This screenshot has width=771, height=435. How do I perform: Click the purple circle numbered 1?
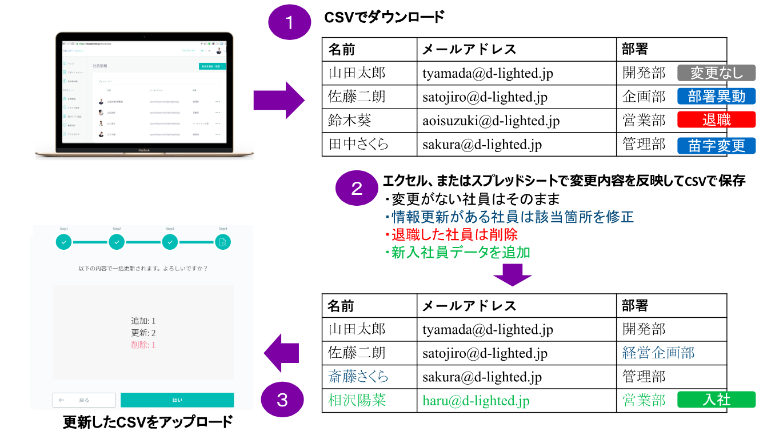[289, 23]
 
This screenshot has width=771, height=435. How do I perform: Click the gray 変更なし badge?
[716, 73]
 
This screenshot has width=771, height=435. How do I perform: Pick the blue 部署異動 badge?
[716, 97]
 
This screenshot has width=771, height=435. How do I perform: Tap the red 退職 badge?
[716, 120]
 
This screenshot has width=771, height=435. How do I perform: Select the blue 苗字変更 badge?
[716, 146]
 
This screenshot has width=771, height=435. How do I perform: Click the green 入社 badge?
[716, 400]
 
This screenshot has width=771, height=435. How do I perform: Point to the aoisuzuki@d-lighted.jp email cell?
[491, 121]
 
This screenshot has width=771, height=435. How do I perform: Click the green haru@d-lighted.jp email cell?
[476, 401]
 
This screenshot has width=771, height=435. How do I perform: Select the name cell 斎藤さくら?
[358, 377]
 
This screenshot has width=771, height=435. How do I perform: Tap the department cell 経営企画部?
[658, 353]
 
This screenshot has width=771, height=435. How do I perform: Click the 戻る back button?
[84, 400]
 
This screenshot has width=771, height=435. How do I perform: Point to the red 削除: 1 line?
[143, 345]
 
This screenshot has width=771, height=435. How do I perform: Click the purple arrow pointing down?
[513, 277]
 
